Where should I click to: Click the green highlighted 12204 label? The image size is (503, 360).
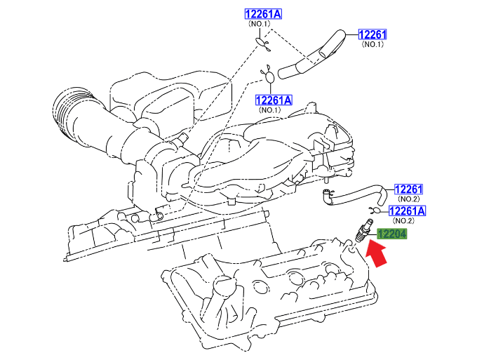(x=392, y=235)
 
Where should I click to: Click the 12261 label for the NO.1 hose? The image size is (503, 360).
(x=373, y=34)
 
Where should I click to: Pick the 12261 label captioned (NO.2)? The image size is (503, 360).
(x=409, y=189)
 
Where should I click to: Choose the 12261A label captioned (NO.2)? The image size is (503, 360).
(x=408, y=211)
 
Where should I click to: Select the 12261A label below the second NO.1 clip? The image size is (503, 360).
(x=273, y=100)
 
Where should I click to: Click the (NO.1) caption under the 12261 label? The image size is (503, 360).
(x=373, y=45)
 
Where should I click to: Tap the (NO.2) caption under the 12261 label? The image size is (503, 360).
(x=408, y=200)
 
